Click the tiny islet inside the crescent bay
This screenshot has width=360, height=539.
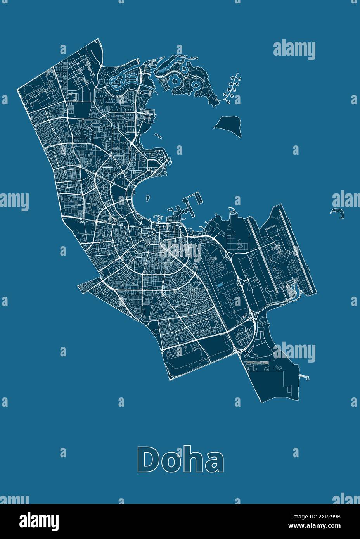(x=148, y=198)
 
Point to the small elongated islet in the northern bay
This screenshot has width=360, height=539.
(x=158, y=136)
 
